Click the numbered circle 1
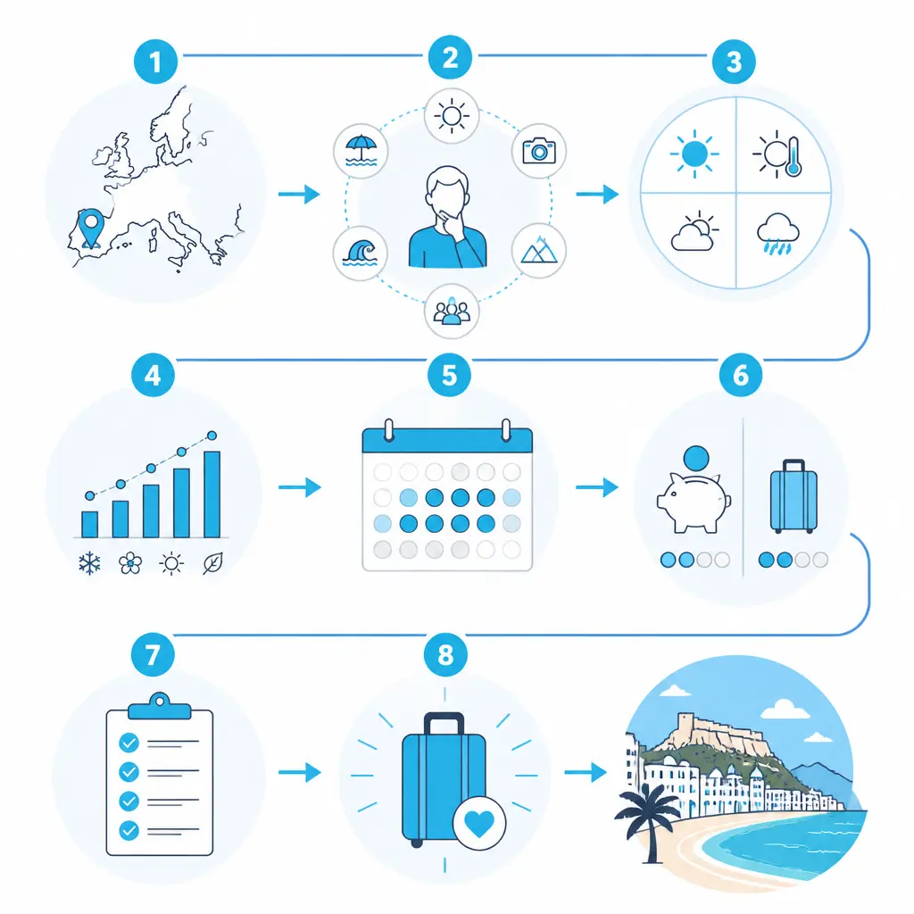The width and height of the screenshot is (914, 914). coord(155,62)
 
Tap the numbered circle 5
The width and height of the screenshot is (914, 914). coord(450,375)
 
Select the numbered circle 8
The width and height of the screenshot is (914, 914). coord(445,654)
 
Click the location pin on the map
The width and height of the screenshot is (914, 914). coord(91,228)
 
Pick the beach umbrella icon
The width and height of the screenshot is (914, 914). coord(361,151)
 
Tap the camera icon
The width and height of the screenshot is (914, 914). coord(539,150)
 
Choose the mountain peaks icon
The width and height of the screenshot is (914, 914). coord(539,250)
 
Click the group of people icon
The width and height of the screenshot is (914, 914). coord(451,311)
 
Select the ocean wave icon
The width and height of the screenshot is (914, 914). coord(361,253)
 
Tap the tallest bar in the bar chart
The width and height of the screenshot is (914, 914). coord(212,494)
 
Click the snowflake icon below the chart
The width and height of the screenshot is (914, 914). coord(89,564)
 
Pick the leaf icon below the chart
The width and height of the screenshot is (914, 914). coord(212,564)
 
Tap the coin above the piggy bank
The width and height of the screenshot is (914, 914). coord(696,459)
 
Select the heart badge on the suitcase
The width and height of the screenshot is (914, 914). coord(479,822)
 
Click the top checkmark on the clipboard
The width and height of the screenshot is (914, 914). coord(129,743)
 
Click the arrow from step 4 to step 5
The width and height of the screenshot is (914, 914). coord(300,486)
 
